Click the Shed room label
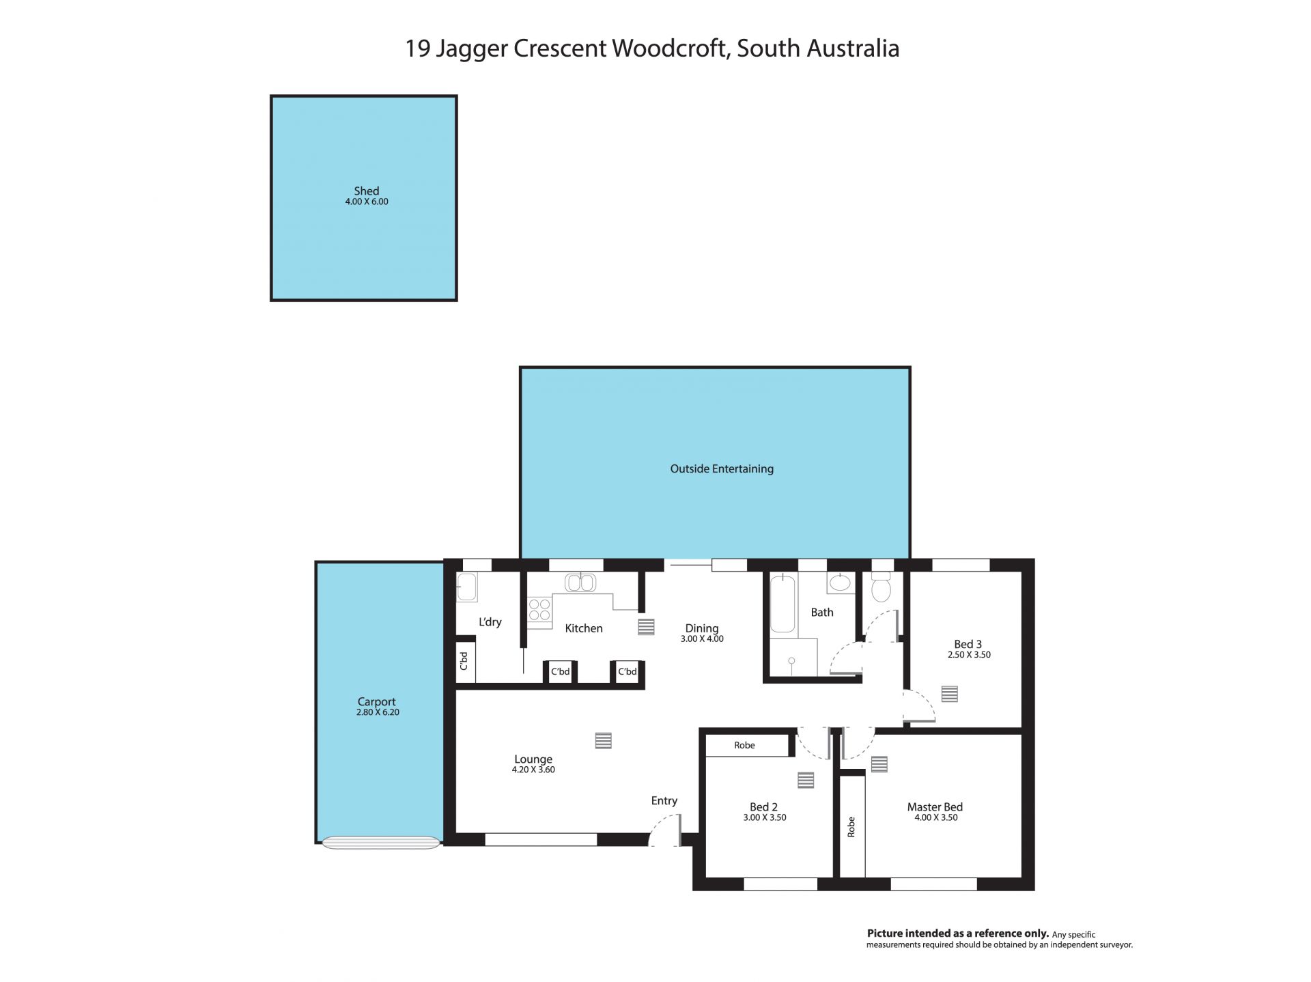point(366,191)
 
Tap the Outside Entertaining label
point(722,468)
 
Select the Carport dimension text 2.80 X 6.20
point(378,712)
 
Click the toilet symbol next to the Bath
point(882,587)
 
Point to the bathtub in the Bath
point(783,604)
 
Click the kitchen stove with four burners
point(539,609)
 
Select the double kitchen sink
point(580,583)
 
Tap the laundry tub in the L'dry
point(467,587)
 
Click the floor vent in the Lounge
point(603,740)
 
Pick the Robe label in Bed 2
point(744,745)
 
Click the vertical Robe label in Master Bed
point(851,827)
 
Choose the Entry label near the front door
point(664,801)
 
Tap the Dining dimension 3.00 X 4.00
point(702,639)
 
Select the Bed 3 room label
point(968,644)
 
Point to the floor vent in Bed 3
point(949,694)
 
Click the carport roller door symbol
point(380,843)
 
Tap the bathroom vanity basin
point(840,583)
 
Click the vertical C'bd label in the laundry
point(464,660)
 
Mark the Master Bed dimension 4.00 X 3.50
point(935,817)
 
